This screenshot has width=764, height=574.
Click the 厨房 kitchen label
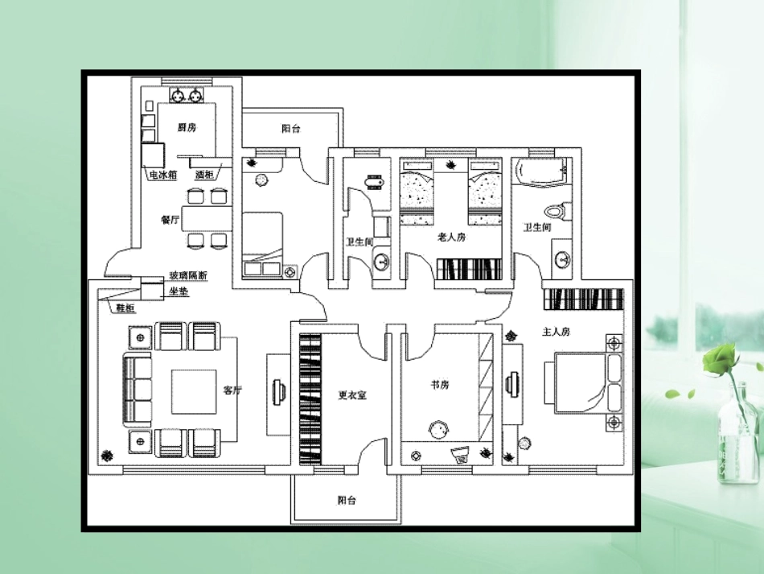187,127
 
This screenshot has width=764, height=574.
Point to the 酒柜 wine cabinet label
204,174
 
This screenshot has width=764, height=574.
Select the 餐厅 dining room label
169,220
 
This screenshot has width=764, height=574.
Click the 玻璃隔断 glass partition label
187,276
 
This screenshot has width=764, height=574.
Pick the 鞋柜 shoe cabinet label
125,308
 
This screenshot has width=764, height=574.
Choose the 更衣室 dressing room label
352,395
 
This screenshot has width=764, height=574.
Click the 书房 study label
440,385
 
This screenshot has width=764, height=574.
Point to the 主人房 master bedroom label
556,331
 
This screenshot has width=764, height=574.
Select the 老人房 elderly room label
451,237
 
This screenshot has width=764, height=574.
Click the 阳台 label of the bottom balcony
347,500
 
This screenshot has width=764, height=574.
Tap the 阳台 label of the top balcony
290,128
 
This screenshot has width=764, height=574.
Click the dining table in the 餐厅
206,218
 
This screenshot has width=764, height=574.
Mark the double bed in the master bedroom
583,384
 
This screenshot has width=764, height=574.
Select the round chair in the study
437,429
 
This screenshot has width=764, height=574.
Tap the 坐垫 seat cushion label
178,291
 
